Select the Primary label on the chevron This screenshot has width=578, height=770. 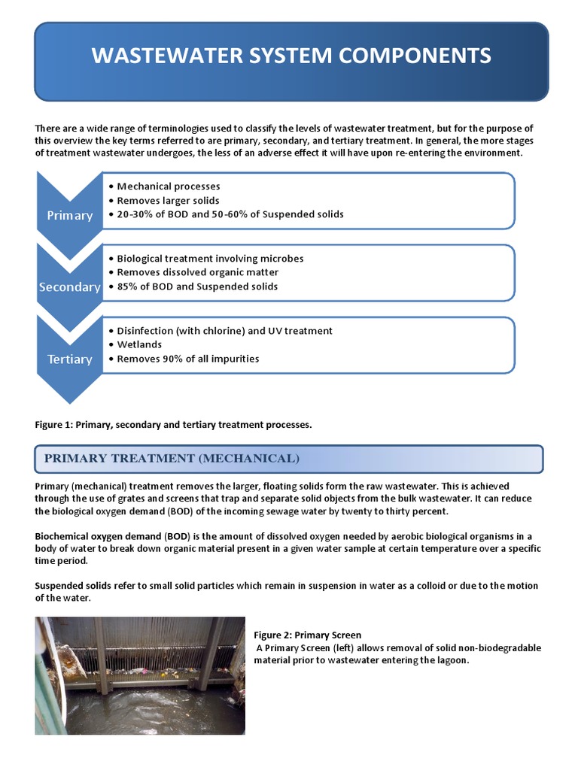tap(70, 216)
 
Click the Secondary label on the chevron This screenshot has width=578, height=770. tap(70, 287)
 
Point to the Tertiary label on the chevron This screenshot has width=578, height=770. tap(70, 359)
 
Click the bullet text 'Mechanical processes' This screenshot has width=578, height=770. tap(169, 186)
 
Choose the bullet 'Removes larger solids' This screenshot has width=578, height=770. tap(168, 201)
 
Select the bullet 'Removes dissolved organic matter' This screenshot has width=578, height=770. tap(197, 272)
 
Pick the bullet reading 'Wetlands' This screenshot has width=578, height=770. tap(139, 344)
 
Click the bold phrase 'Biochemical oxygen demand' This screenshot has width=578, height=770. tap(98, 536)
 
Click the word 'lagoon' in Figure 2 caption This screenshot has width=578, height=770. tap(450, 660)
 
